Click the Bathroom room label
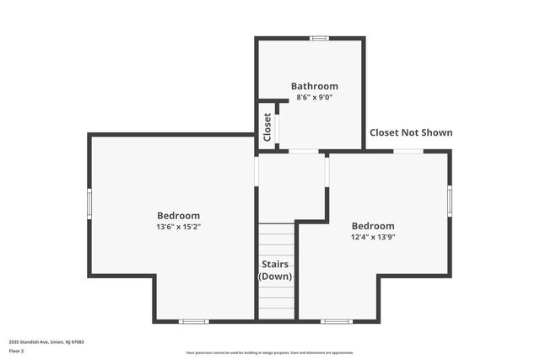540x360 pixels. pyautogui.click(x=314, y=86)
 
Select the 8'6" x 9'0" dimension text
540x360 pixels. pyautogui.click(x=314, y=97)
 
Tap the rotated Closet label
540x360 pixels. pyautogui.click(x=267, y=126)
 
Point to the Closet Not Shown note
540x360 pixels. pyautogui.click(x=411, y=132)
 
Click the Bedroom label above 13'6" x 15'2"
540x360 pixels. pyautogui.click(x=178, y=216)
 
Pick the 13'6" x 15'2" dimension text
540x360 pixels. pyautogui.click(x=178, y=227)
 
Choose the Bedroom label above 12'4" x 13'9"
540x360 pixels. pyautogui.click(x=372, y=226)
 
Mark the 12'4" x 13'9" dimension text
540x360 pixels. pyautogui.click(x=372, y=237)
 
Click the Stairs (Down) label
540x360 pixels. pyautogui.click(x=275, y=271)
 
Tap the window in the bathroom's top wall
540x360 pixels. pyautogui.click(x=319, y=38)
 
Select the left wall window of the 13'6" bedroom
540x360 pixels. pyautogui.click(x=89, y=203)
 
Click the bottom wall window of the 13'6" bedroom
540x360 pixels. pyautogui.click(x=193, y=321)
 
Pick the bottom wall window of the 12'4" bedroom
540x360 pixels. pyautogui.click(x=337, y=321)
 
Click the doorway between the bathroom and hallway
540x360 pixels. pyautogui.click(x=304, y=152)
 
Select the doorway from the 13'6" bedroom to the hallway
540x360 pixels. pyautogui.click(x=256, y=172)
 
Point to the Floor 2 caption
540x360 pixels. pyautogui.click(x=17, y=350)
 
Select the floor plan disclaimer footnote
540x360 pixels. pyautogui.click(x=270, y=353)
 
